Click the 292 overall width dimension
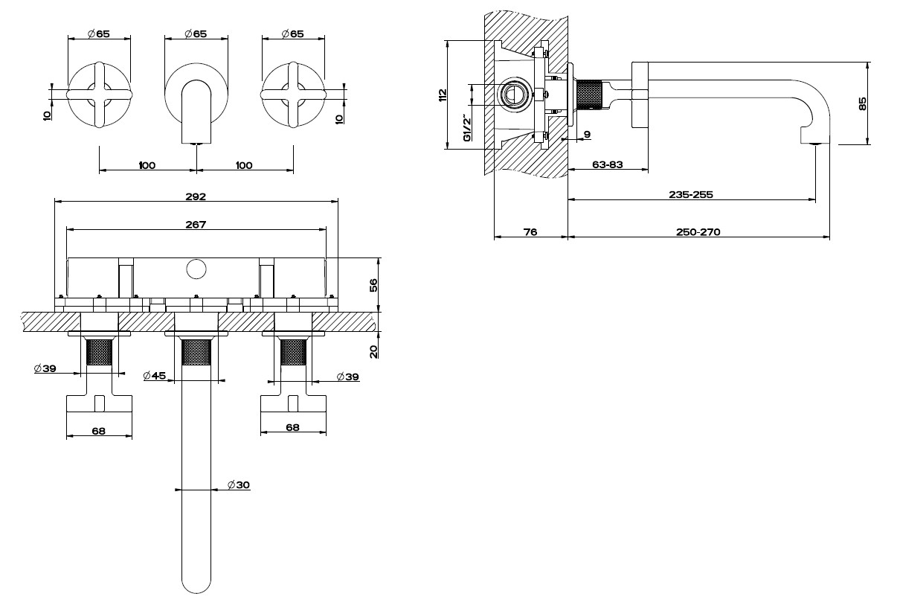(x=196, y=196)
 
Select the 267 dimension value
(x=196, y=225)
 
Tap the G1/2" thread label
(x=467, y=129)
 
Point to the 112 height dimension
(x=443, y=95)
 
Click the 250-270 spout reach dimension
(x=698, y=232)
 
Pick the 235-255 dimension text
(x=691, y=195)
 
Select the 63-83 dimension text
(x=608, y=164)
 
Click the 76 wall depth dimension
(x=530, y=232)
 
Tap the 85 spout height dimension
(x=862, y=103)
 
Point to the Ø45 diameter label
(x=154, y=376)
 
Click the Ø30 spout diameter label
(x=238, y=485)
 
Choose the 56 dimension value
(x=373, y=285)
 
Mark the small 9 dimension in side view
(x=588, y=134)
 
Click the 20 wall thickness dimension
(x=373, y=351)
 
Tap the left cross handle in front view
(x=99, y=95)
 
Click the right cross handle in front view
(x=293, y=95)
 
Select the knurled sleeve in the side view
(x=589, y=95)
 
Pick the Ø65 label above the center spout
(x=196, y=33)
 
